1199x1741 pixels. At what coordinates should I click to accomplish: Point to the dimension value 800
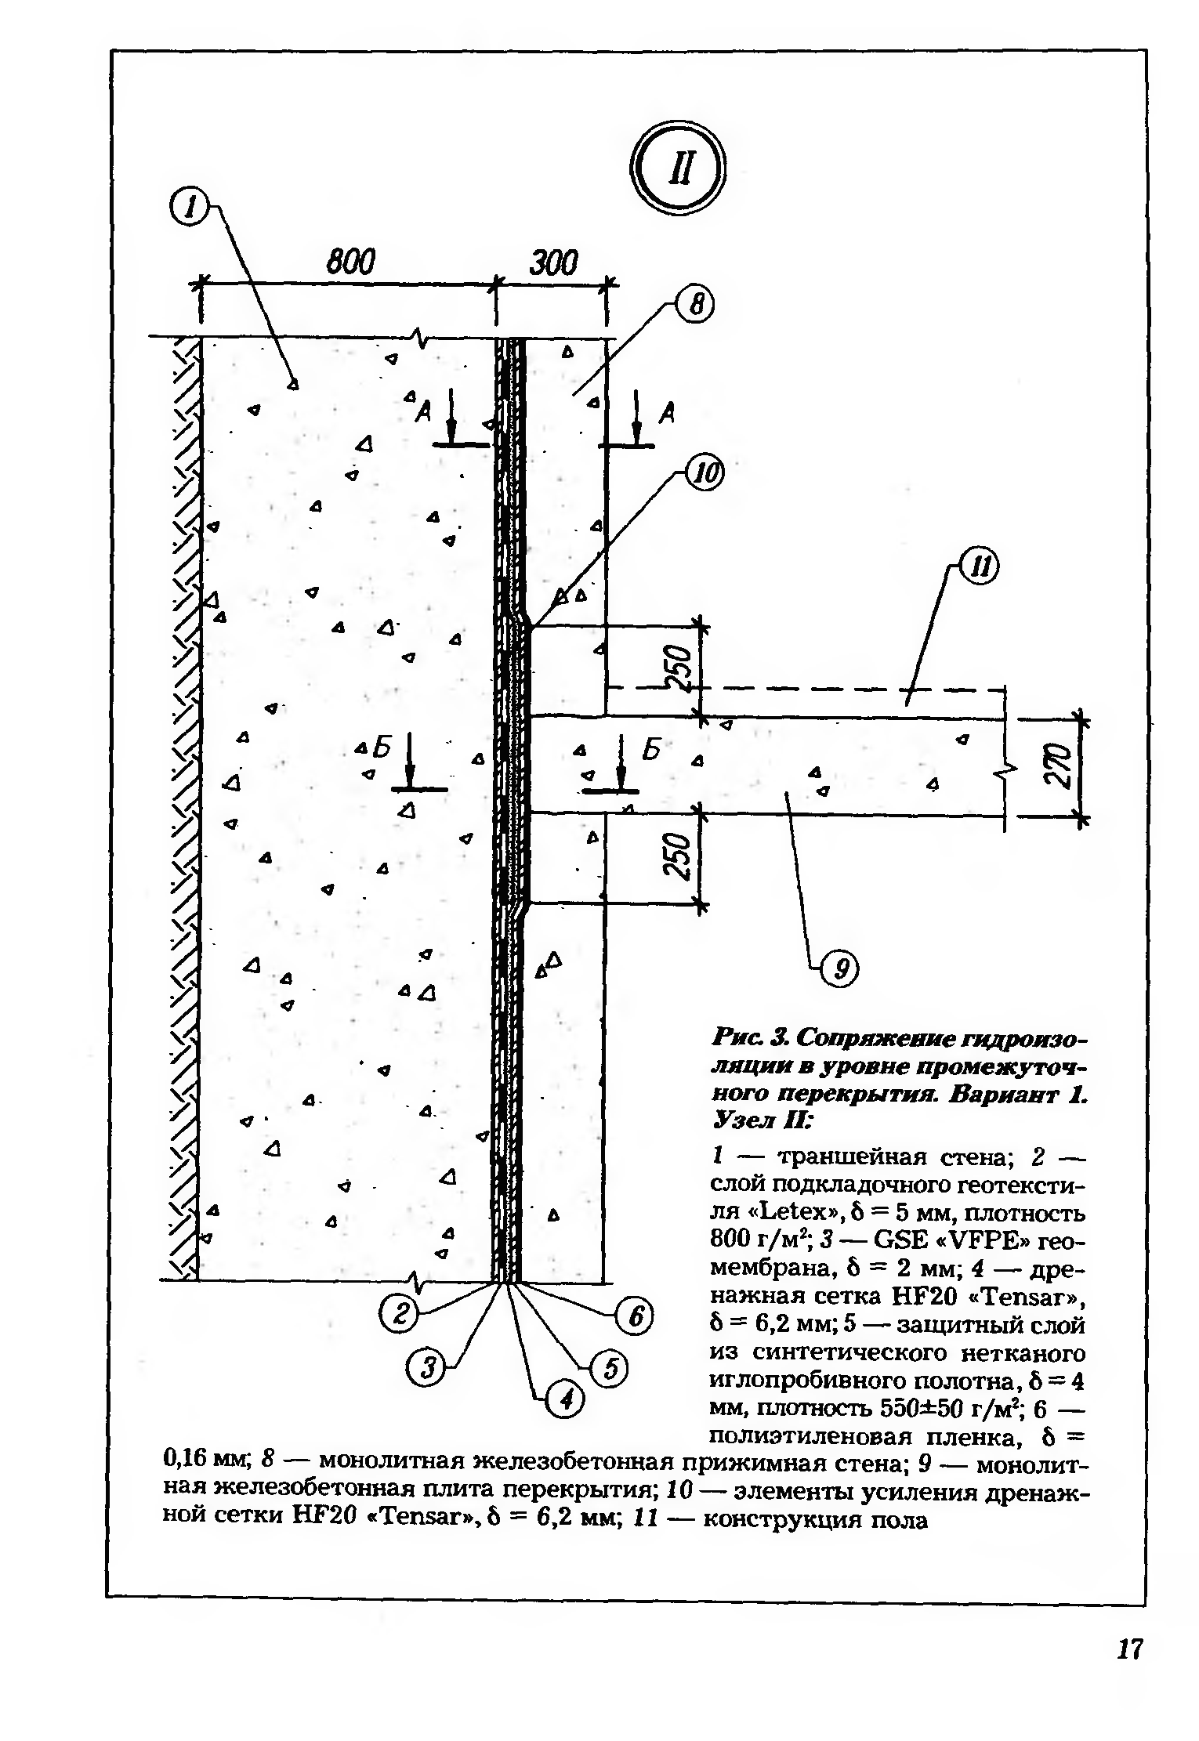pyautogui.click(x=350, y=263)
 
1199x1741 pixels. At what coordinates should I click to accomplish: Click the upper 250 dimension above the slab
pyautogui.click(x=679, y=668)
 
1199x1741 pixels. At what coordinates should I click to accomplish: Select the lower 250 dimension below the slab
pyautogui.click(x=679, y=858)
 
